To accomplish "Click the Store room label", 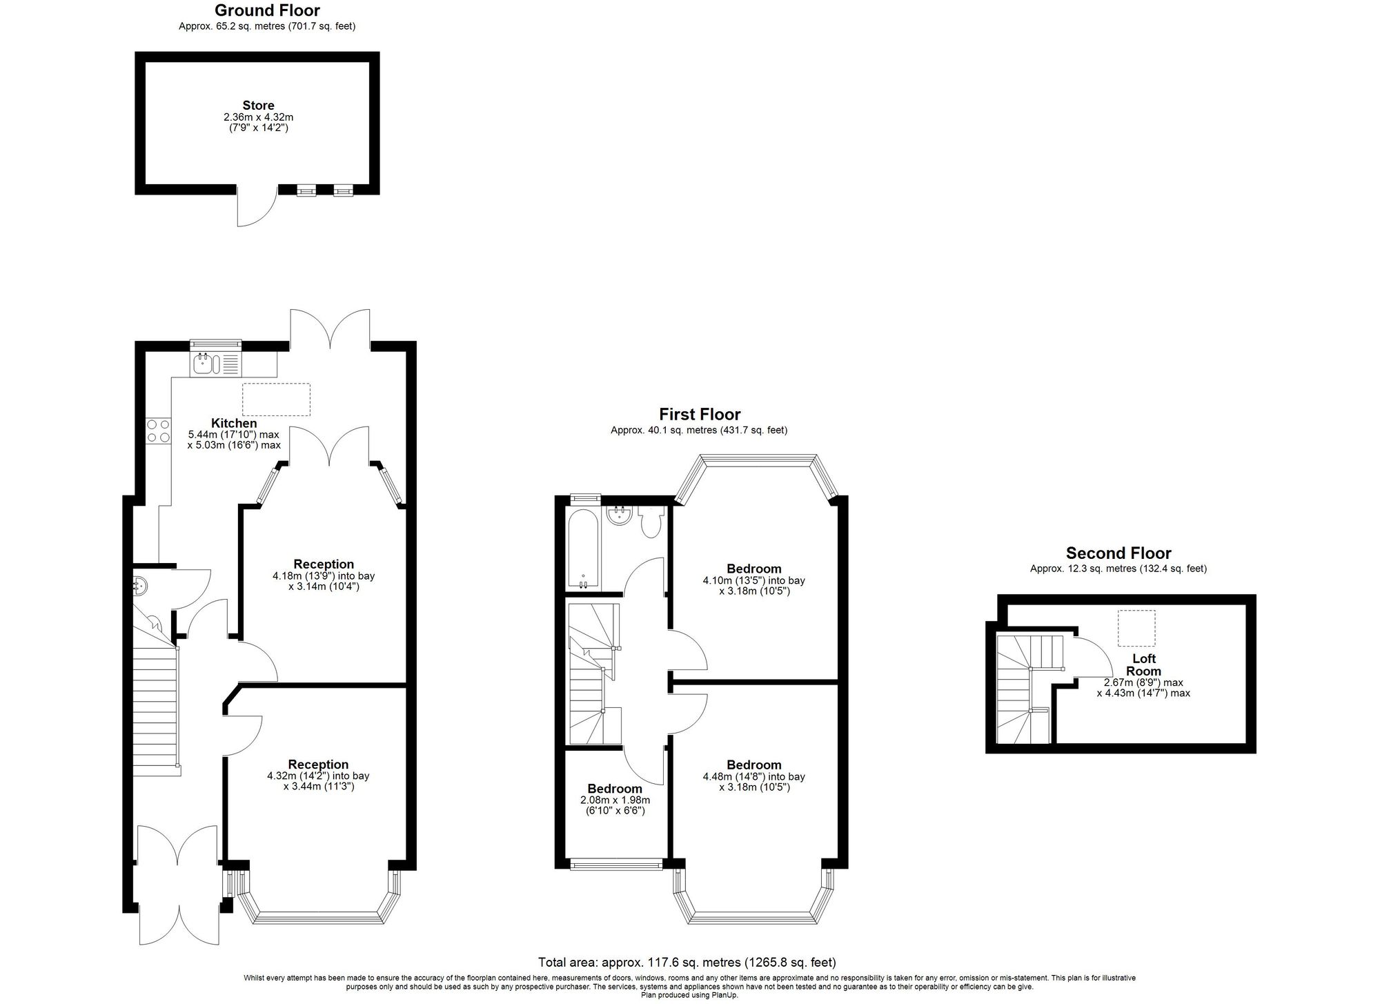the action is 258,106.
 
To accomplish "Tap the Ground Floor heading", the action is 267,10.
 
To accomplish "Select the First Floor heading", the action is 699,414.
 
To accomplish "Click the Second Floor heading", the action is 1118,553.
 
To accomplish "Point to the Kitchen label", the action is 234,423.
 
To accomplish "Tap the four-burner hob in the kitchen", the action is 158,431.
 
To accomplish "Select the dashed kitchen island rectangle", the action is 276,400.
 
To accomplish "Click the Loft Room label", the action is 1143,665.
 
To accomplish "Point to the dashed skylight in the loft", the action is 1136,628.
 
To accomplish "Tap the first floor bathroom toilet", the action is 650,522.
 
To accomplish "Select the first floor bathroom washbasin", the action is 618,516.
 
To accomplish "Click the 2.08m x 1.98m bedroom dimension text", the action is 615,805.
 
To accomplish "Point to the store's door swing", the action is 257,206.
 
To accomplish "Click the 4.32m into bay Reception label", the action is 318,764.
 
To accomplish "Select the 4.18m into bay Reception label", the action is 324,564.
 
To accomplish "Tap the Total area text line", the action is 687,962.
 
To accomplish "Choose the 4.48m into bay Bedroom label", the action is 753,765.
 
